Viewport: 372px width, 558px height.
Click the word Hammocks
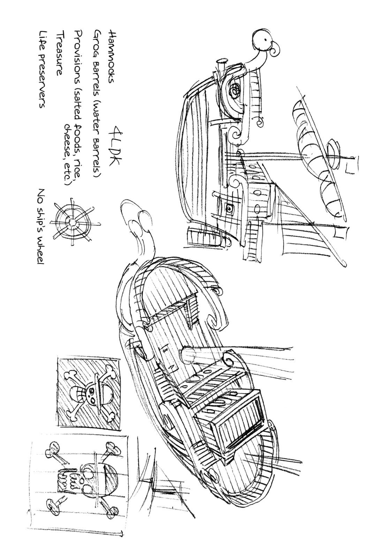[x=110, y=57]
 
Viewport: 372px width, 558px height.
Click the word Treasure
[x=59, y=53]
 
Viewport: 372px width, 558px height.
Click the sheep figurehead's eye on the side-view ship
[x=266, y=39]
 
